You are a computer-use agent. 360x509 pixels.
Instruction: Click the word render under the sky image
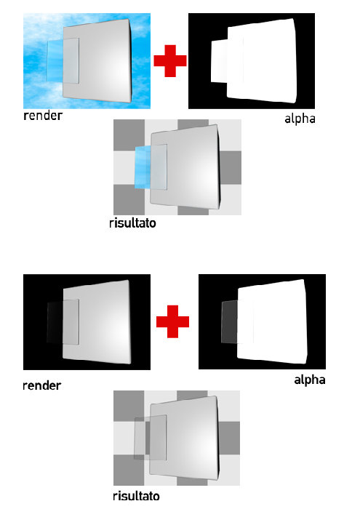43,116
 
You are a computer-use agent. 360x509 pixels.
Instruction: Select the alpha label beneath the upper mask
300,119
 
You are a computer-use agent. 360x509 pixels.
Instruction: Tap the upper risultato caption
132,223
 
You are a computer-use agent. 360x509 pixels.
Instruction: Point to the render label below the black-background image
42,385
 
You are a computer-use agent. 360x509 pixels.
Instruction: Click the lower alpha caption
309,380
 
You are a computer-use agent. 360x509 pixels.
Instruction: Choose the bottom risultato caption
136,496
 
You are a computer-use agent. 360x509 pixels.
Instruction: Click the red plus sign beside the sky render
170,61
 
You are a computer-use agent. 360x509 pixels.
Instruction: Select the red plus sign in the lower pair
172,321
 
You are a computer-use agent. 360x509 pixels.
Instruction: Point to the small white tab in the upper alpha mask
220,61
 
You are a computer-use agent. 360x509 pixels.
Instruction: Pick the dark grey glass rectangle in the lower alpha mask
230,321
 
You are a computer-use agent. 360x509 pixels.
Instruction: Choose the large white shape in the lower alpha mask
272,321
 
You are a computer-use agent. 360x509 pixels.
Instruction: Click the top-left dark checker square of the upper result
129,135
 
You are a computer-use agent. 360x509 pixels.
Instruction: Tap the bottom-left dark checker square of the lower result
129,470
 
